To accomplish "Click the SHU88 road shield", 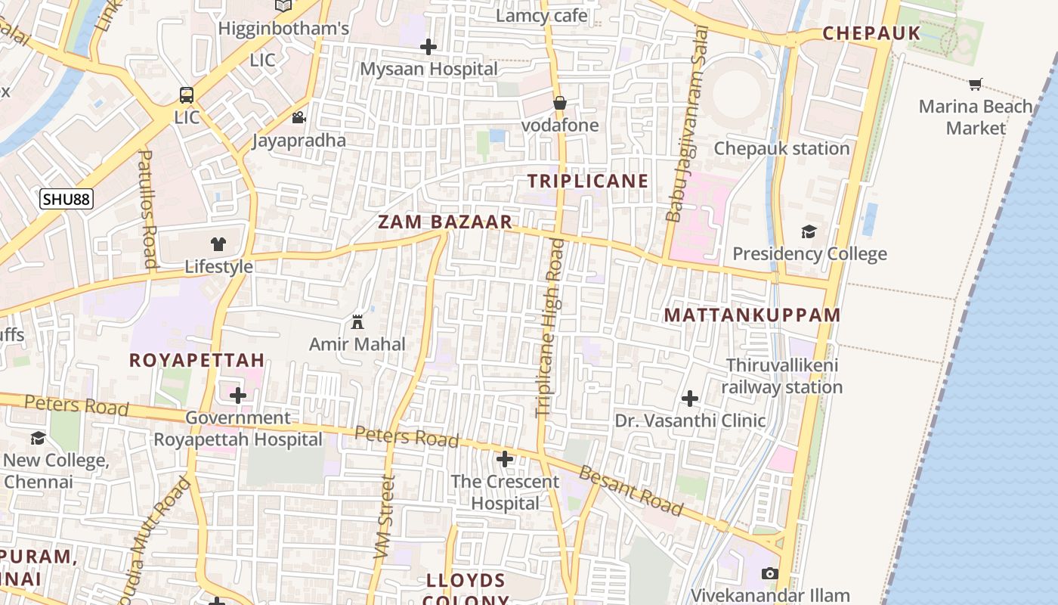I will click(x=67, y=200).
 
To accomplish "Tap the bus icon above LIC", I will click(x=187, y=95).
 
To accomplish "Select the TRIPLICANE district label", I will click(x=588, y=181).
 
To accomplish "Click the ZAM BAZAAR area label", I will click(x=445, y=222).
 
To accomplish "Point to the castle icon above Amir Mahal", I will click(x=357, y=322).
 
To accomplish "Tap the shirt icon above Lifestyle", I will click(x=218, y=244).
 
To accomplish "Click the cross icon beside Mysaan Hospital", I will click(x=428, y=47).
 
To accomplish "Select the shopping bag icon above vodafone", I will click(x=560, y=103).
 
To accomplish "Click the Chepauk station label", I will click(x=782, y=148).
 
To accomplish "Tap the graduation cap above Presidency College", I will click(x=809, y=231).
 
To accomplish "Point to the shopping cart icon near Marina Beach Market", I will click(x=976, y=85).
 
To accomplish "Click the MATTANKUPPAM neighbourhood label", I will click(x=752, y=315).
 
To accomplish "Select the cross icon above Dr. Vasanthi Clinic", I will click(x=690, y=399).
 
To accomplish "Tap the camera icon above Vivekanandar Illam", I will click(x=770, y=573).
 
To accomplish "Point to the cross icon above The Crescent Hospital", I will click(x=505, y=459).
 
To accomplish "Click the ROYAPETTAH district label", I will click(x=196, y=360).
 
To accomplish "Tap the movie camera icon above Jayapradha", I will click(x=299, y=118).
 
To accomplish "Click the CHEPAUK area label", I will click(x=871, y=33).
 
